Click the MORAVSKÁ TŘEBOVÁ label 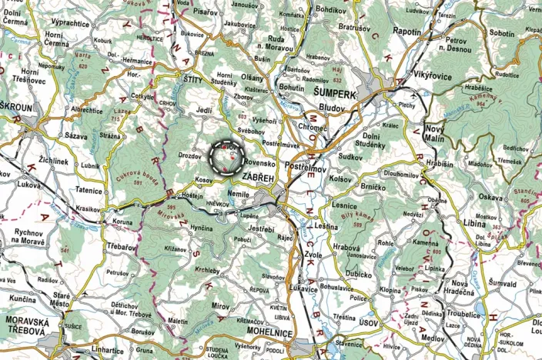tap(28, 325)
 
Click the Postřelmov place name tap(306, 166)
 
